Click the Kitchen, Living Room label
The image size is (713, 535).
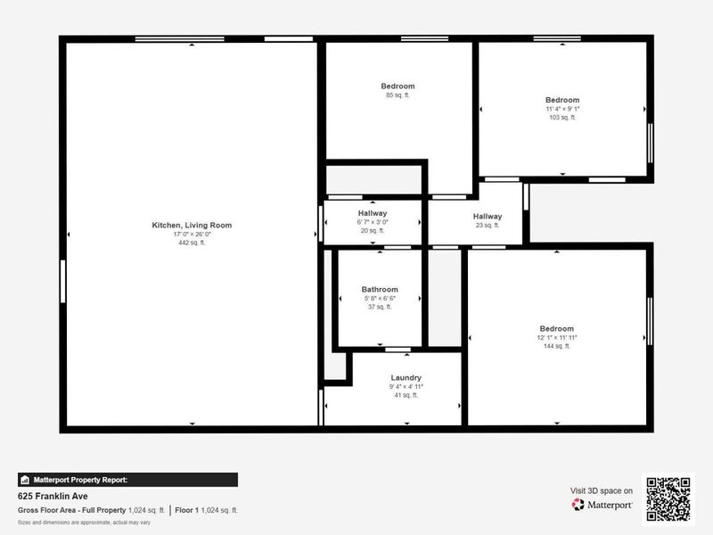point(192,226)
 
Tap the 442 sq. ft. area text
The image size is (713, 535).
point(192,243)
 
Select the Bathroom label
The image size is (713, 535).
point(380,289)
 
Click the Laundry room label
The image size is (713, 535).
point(406,377)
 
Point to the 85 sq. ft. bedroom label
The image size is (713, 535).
point(397,86)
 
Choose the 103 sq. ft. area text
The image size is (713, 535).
point(562,117)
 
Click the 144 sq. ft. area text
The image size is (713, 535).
point(555,346)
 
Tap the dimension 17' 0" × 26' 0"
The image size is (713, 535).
point(192,235)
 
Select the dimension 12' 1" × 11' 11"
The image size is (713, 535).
point(555,337)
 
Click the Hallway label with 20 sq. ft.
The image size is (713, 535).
point(373,213)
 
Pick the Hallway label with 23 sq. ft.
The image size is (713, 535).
point(488,217)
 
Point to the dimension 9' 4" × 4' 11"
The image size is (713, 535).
point(406,386)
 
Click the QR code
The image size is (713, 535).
point(668,499)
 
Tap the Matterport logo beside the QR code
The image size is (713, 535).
point(602,505)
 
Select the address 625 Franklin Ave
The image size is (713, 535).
point(53,496)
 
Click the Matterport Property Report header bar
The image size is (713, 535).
point(127,480)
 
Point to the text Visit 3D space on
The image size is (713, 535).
point(602,490)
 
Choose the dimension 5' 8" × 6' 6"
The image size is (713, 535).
point(380,298)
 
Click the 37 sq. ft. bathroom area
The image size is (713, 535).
point(380,307)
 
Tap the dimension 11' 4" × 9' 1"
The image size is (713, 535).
point(562,109)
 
